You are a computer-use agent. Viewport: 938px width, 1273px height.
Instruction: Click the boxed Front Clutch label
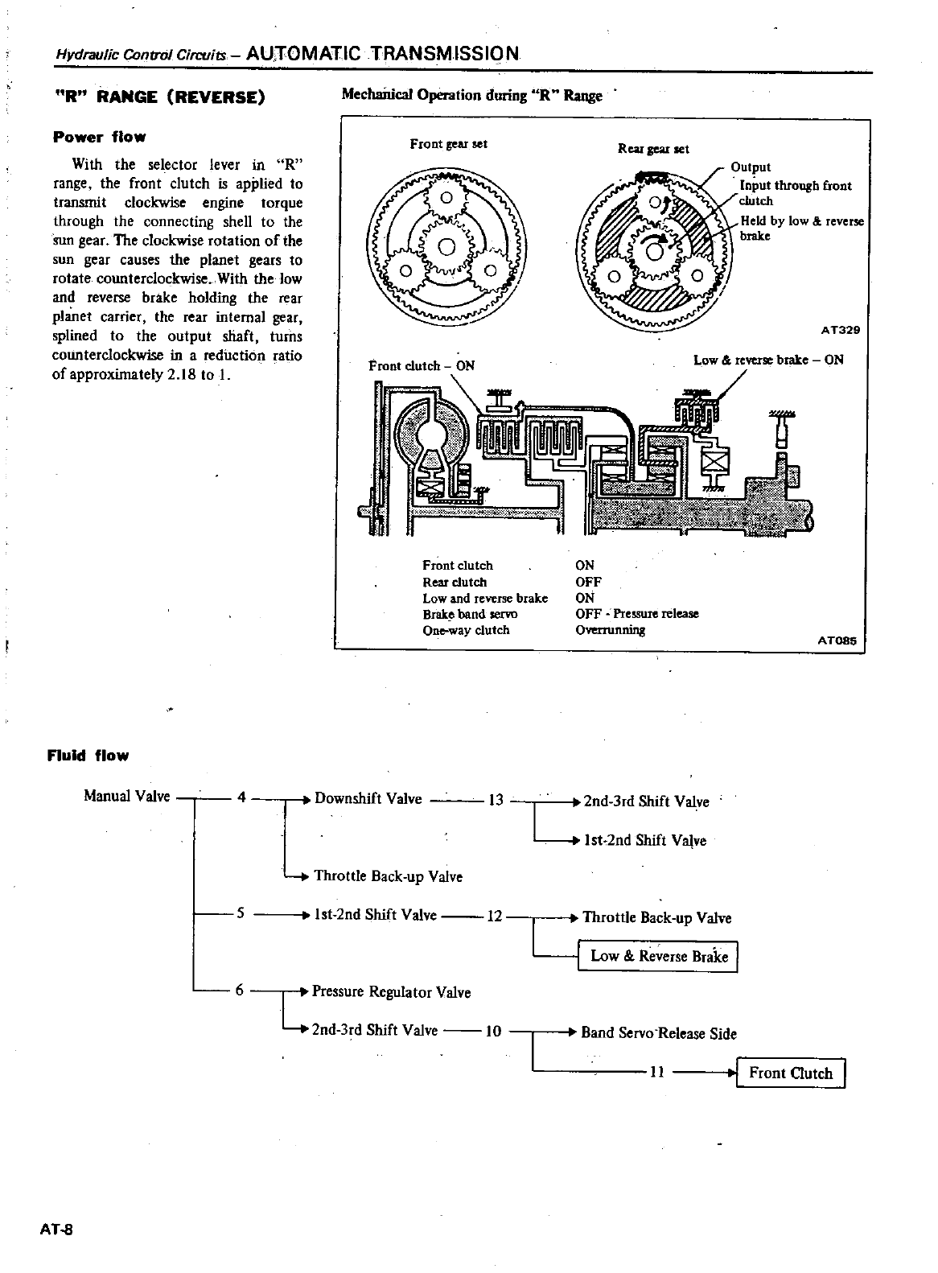coord(791,1073)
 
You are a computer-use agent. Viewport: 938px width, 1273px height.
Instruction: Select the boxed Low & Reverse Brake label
coord(658,956)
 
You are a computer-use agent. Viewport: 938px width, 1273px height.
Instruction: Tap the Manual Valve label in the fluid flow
coord(127,797)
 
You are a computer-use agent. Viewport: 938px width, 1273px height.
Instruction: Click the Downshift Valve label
coord(368,799)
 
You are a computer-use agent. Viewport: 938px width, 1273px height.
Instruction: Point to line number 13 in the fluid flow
coord(496,800)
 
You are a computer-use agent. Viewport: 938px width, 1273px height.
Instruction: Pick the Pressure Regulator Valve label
coord(391,992)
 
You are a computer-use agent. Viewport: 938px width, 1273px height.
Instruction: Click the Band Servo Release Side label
coord(659,1033)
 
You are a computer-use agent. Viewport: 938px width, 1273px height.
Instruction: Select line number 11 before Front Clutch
coord(656,1073)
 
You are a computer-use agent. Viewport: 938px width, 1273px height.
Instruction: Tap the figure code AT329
coord(841,330)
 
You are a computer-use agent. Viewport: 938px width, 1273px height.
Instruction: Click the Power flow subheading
coord(99,137)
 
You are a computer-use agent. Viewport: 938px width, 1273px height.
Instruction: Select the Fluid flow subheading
coord(88,756)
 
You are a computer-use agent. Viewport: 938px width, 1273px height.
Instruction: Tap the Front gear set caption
coord(448,144)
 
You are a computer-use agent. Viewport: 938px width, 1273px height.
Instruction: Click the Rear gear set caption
coord(653,149)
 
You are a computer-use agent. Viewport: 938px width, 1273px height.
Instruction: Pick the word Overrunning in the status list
coord(610,630)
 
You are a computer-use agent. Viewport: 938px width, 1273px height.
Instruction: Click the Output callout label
coord(751,167)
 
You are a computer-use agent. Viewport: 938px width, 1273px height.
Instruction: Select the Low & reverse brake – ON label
coord(768,360)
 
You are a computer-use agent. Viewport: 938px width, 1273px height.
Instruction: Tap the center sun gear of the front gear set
coord(447,245)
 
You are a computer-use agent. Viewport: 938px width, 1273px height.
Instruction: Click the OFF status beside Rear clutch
coord(588,582)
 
